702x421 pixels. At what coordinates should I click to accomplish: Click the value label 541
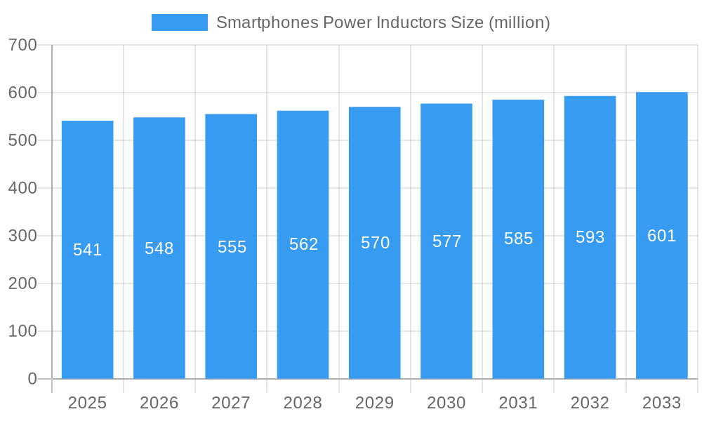pyautogui.click(x=87, y=250)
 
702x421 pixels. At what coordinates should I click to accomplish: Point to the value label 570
pyautogui.click(x=375, y=243)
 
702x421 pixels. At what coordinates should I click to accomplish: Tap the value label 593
pyautogui.click(x=590, y=237)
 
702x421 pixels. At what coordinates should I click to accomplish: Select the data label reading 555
pyautogui.click(x=232, y=247)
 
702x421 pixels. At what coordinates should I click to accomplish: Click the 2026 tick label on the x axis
pyautogui.click(x=159, y=403)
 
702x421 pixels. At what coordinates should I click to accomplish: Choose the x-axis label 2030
pyautogui.click(x=446, y=403)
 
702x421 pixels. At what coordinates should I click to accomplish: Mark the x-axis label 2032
pyautogui.click(x=590, y=403)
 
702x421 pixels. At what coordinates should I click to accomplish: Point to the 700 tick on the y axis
pyautogui.click(x=22, y=45)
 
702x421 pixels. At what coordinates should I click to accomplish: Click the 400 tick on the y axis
pyautogui.click(x=22, y=188)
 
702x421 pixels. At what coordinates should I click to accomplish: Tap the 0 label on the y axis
pyautogui.click(x=32, y=379)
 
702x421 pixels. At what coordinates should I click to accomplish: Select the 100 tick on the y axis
pyautogui.click(x=22, y=331)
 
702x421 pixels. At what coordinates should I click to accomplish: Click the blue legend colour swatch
pyautogui.click(x=180, y=22)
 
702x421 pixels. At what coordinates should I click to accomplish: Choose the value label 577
pyautogui.click(x=446, y=241)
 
